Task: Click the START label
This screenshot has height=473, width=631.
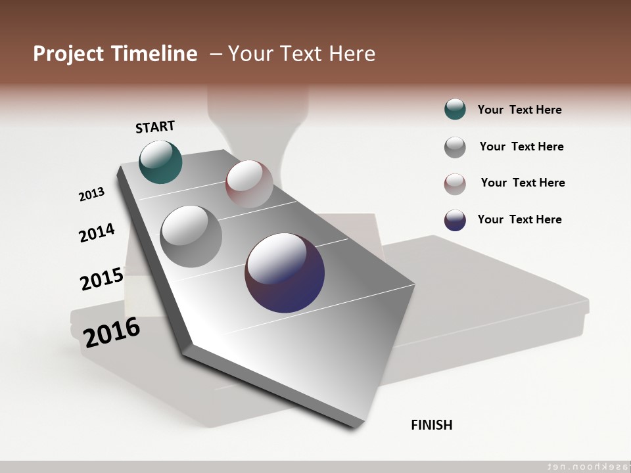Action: coord(155,127)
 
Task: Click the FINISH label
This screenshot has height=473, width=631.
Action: coord(431,425)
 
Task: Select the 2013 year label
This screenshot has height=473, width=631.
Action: coord(91,194)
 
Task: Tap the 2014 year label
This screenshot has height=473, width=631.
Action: coord(97,233)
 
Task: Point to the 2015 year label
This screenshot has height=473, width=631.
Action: coord(102,279)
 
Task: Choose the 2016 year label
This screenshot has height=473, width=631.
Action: coord(112,332)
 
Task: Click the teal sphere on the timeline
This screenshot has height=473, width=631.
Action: coord(160,162)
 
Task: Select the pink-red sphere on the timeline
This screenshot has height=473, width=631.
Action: coord(249,183)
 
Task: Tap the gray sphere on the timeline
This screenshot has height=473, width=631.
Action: coord(191,236)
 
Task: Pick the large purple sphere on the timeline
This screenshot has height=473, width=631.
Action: coord(285,273)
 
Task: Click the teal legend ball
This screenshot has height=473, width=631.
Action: coord(455,109)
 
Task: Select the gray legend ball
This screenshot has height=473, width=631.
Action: coord(455,147)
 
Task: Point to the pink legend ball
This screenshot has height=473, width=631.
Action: coord(455,184)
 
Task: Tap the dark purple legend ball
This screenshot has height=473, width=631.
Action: coord(455,220)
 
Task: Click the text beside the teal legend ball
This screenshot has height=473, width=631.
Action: coord(519,110)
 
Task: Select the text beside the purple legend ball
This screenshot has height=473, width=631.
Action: coord(519,219)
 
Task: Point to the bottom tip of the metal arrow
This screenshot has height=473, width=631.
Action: coord(355,426)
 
